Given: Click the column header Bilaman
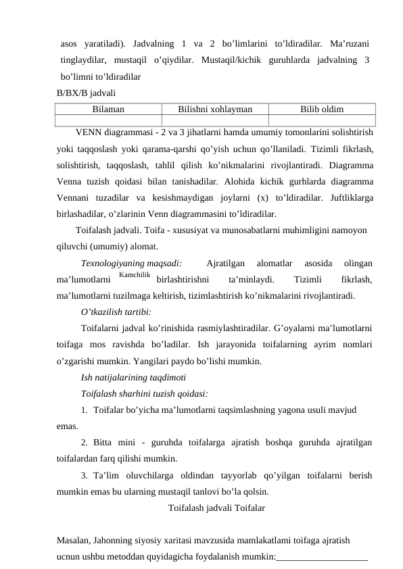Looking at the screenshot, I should (x=108, y=108).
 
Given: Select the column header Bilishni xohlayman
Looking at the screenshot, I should (x=215, y=108).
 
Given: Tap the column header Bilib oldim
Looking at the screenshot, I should (x=321, y=108).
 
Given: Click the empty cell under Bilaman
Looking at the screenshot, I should (x=108, y=120).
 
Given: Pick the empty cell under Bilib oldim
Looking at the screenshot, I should (x=321, y=120).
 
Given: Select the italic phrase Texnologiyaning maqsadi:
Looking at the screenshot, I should (x=131, y=263).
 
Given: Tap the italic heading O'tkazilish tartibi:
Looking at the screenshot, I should (x=116, y=312).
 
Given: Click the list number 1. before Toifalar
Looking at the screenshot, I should (x=84, y=410).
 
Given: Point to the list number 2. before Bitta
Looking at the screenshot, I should (x=84, y=443).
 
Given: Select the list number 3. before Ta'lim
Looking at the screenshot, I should (x=84, y=475).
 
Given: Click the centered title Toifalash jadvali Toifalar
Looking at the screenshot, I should (x=216, y=507).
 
